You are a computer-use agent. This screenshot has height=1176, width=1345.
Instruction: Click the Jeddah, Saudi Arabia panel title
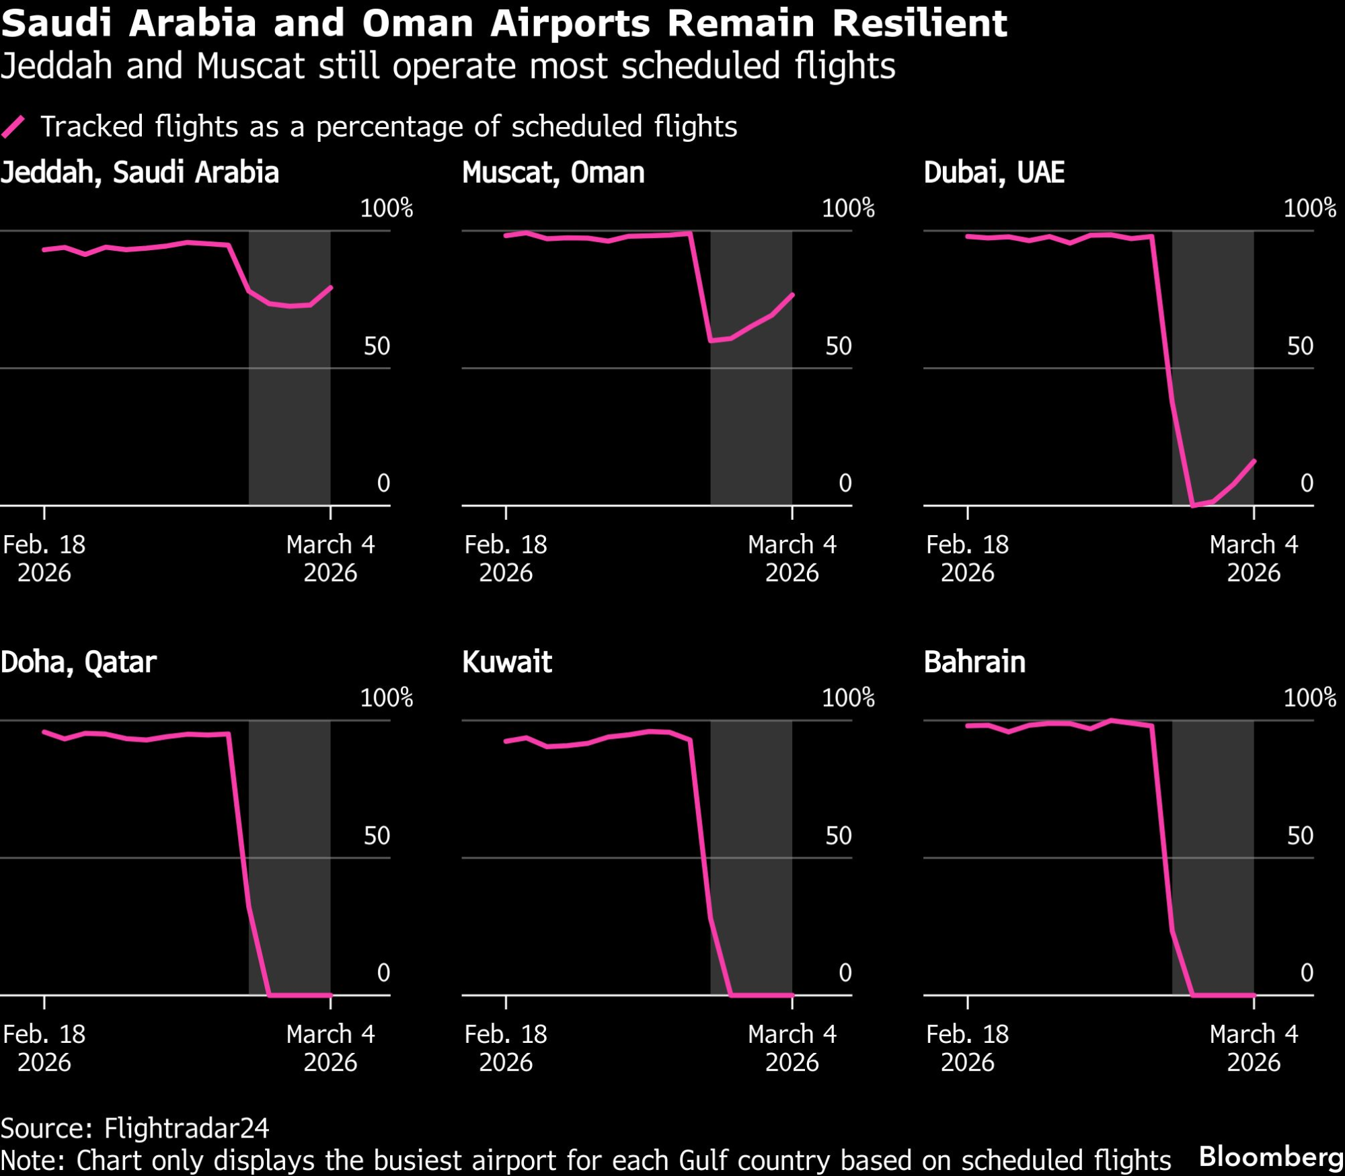click(x=139, y=173)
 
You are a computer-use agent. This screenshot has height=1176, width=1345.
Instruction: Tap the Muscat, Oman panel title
click(x=553, y=173)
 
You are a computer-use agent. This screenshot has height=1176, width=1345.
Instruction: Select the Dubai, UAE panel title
click(x=993, y=173)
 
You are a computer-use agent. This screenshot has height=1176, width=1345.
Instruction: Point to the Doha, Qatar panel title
click(x=78, y=662)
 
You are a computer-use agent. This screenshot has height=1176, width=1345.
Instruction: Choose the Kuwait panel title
click(x=506, y=662)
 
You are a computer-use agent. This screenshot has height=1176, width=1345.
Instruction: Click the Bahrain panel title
click(x=974, y=662)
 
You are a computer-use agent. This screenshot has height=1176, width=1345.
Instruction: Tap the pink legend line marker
click(x=13, y=126)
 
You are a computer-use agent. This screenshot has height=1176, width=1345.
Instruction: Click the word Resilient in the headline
click(x=920, y=24)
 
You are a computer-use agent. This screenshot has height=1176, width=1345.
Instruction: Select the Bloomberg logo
click(x=1270, y=1157)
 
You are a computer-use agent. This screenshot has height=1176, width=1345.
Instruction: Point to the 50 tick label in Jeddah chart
click(x=377, y=346)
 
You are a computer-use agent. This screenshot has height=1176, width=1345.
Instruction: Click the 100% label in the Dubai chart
click(x=1309, y=208)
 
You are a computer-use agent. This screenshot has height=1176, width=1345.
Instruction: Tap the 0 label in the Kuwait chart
click(x=845, y=972)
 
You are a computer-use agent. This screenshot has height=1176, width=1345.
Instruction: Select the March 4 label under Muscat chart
click(x=792, y=545)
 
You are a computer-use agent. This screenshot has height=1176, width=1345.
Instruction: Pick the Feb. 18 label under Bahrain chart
click(x=967, y=1034)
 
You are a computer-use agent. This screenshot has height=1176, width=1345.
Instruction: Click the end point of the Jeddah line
click(x=331, y=287)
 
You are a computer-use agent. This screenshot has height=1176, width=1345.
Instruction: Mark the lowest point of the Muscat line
click(x=712, y=340)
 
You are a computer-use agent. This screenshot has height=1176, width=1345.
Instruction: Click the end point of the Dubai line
click(x=1254, y=461)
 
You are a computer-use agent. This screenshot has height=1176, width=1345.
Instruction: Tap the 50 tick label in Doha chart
click(x=377, y=836)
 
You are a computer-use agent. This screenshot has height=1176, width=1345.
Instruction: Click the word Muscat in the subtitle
click(x=250, y=66)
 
